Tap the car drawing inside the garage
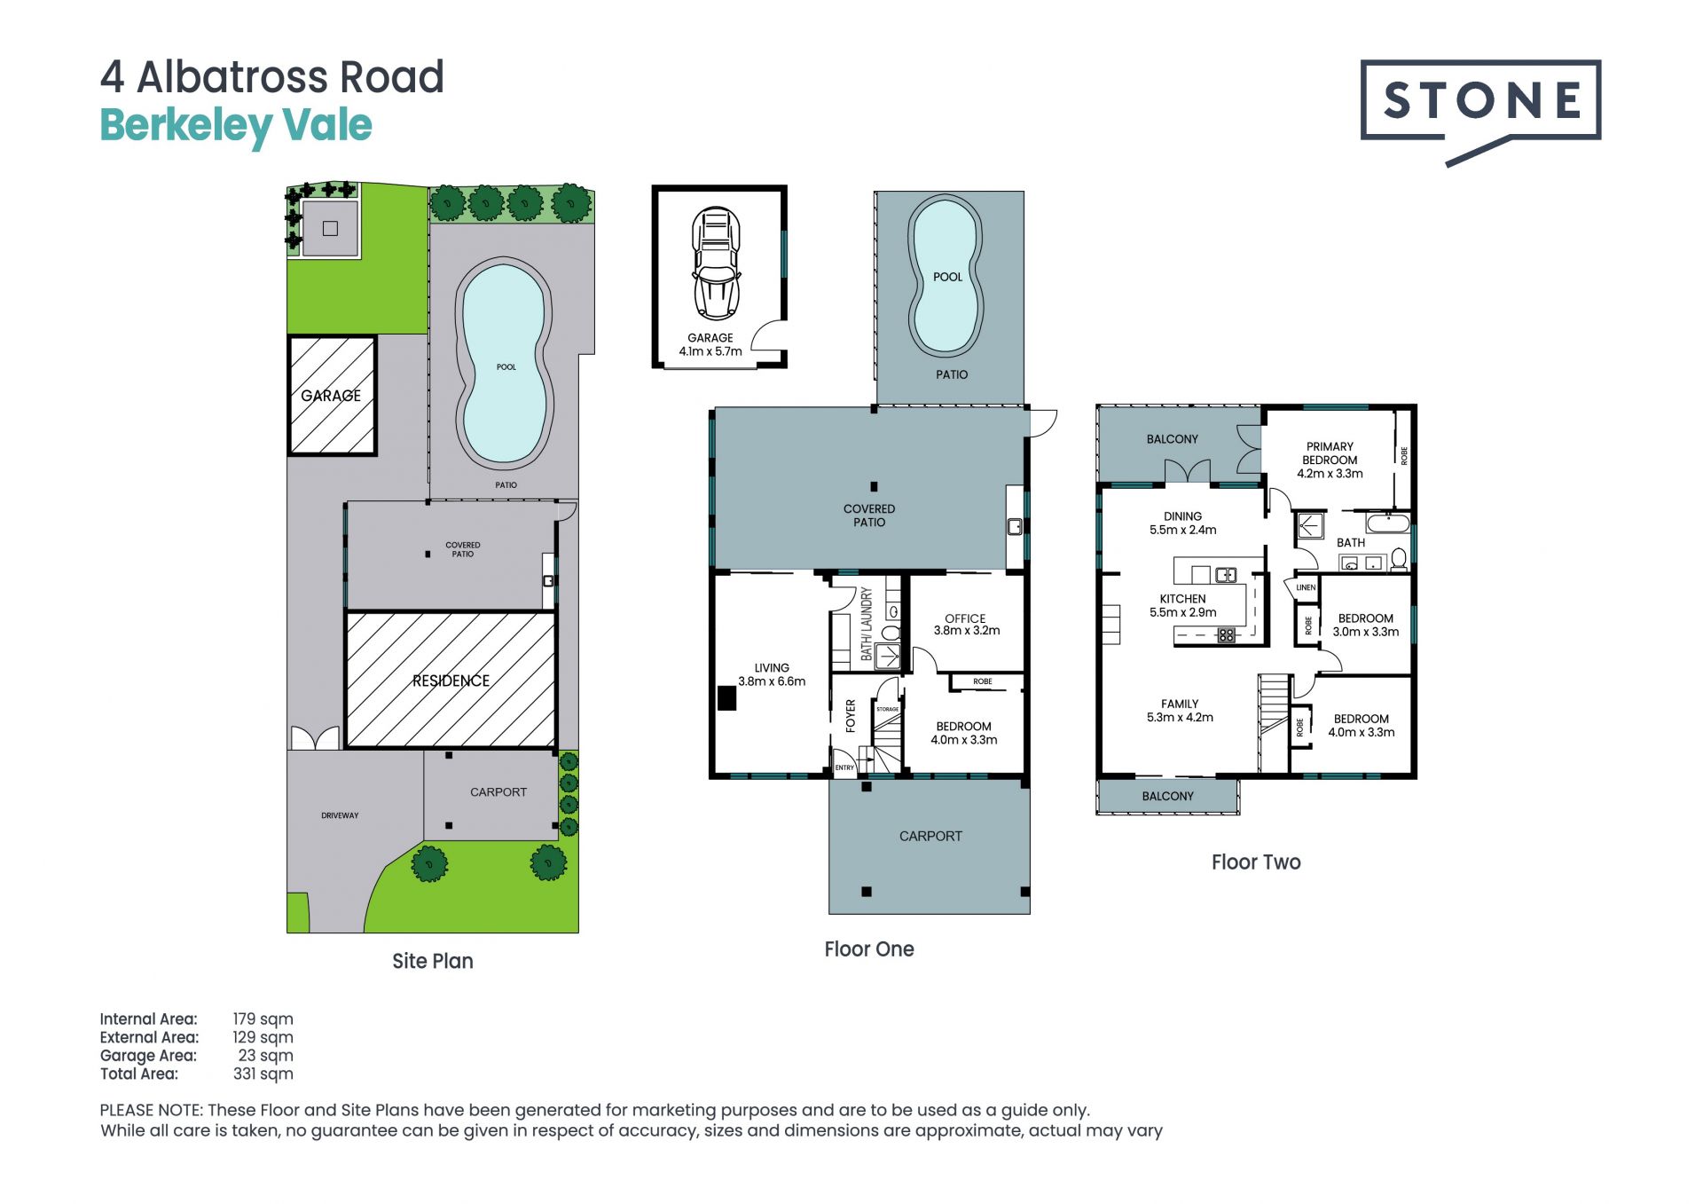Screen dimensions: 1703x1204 pos(716,264)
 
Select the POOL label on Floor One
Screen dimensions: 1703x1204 pos(947,277)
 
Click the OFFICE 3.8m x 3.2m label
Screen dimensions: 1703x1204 pos(966,625)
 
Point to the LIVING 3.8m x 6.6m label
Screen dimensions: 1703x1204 pos(772,674)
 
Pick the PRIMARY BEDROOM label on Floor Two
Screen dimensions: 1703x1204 pos(1330,460)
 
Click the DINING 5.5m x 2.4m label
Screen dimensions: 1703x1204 pos(1182,523)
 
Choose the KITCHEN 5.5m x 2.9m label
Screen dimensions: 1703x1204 pos(1182,605)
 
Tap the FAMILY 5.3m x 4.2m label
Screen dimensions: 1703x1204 pos(1180,710)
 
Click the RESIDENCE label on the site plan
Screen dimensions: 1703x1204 pos(451,681)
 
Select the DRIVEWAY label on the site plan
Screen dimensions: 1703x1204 pos(340,815)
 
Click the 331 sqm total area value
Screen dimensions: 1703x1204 pos(263,1074)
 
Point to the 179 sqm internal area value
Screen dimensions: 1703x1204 pos(263,1019)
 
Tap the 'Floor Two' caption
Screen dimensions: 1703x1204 pos(1256,862)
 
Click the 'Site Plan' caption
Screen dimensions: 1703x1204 pos(433,961)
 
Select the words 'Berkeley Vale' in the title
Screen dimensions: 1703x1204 pos(236,125)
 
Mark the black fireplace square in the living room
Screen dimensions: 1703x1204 pos(727,699)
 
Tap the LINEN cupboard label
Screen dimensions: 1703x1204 pos(1306,587)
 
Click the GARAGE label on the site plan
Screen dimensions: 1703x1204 pos(331,396)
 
